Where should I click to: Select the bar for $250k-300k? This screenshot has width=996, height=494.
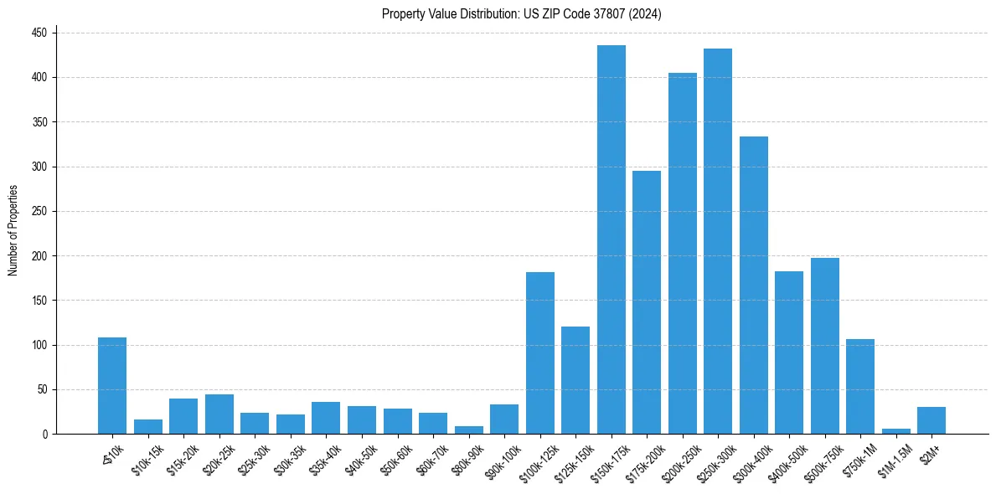coord(718,242)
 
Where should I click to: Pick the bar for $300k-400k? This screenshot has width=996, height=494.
coord(754,286)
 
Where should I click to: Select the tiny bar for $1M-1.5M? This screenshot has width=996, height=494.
coord(896,431)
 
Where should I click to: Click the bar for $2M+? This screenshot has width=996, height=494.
coord(931,420)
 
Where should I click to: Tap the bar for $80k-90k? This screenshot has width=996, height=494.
coord(469,430)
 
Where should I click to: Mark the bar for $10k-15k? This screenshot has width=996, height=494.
coord(148,427)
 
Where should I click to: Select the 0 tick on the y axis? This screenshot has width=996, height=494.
coord(47,434)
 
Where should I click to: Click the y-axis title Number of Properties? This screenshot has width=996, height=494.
coord(13,230)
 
